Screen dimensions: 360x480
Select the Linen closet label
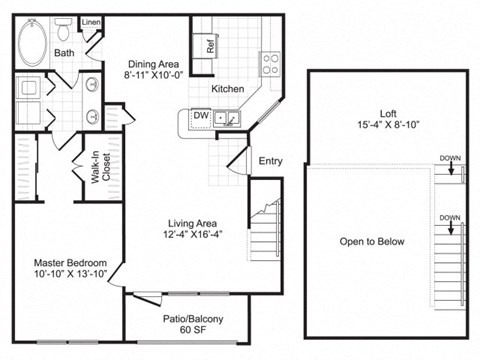pyautogui.click(x=91, y=21)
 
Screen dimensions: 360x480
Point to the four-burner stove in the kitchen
pyautogui.click(x=271, y=64)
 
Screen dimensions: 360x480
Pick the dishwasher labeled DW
pyautogui.click(x=200, y=117)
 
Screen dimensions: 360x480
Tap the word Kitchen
pyautogui.click(x=227, y=89)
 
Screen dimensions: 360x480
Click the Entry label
pyautogui.click(x=270, y=160)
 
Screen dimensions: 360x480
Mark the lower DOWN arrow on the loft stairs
pyautogui.click(x=450, y=223)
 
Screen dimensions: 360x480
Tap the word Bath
pyautogui.click(x=64, y=53)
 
